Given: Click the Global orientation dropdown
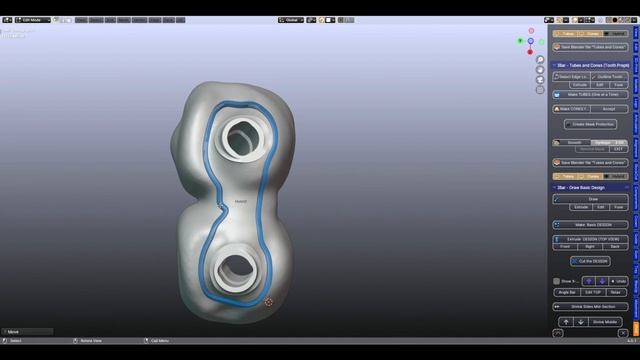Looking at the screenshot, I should tap(293, 19).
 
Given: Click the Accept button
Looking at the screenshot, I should tap(608, 109).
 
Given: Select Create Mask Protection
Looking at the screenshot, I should tap(590, 125).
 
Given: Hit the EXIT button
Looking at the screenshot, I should tap(619, 149).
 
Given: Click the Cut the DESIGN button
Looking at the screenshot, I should tap(590, 261).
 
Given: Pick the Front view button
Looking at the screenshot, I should tap(566, 246).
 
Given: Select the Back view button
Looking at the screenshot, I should tap(615, 246).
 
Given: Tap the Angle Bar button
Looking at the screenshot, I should tap(565, 293).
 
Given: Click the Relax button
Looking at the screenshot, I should tap(617, 293).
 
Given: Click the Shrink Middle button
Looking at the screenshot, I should tap(604, 322).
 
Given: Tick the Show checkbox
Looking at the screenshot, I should tap(556, 281).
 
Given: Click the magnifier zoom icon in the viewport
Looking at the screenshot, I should tap(540, 60).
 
